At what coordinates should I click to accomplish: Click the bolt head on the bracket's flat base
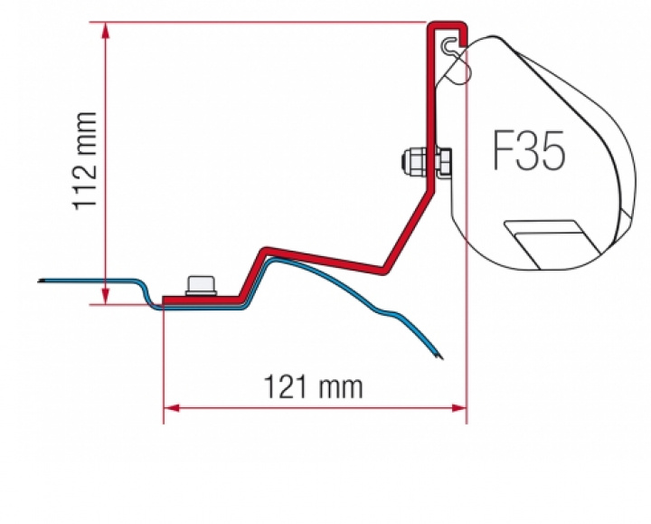point(200,285)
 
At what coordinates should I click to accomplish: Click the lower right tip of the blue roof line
point(439,356)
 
